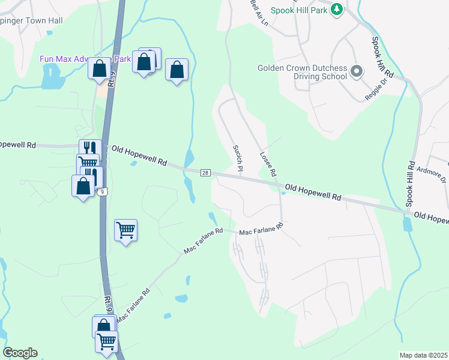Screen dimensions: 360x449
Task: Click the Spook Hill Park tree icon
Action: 337,10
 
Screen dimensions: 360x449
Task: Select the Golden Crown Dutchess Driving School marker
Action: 356,72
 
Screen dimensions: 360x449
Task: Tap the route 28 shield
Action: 205,173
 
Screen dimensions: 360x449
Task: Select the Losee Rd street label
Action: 268,163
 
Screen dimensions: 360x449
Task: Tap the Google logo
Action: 20,353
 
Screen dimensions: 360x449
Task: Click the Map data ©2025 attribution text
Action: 423,355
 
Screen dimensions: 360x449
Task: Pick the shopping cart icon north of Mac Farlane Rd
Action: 125,229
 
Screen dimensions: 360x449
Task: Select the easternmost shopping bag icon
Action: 177,70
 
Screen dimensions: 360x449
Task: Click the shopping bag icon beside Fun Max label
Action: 100,68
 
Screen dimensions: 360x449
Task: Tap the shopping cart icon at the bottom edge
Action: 107,341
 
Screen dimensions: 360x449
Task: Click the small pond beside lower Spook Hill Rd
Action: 408,224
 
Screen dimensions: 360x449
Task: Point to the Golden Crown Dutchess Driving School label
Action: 303,72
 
